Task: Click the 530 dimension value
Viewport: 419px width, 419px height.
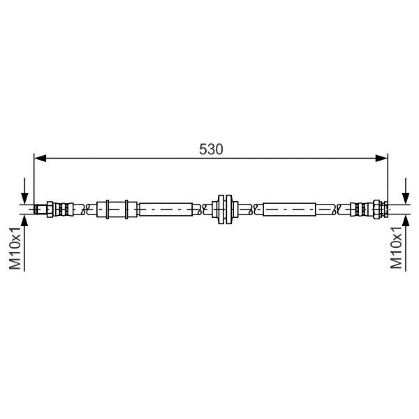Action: click(211, 149)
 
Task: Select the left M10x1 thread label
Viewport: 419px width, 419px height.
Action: click(15, 248)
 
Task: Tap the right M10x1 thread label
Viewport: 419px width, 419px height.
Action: click(396, 248)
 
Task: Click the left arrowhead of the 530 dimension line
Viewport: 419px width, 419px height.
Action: click(40, 158)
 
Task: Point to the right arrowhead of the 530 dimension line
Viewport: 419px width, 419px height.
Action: click(381, 158)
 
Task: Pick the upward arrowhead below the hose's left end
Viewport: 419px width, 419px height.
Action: click(25, 221)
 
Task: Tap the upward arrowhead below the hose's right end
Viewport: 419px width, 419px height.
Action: click(406, 221)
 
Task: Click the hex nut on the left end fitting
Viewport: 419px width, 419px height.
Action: click(50, 209)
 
